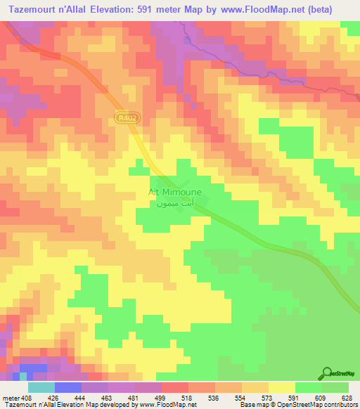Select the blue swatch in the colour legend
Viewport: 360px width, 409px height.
(67, 387)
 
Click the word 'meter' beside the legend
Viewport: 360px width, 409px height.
(9, 397)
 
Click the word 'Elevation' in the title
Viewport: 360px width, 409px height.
(117, 8)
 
